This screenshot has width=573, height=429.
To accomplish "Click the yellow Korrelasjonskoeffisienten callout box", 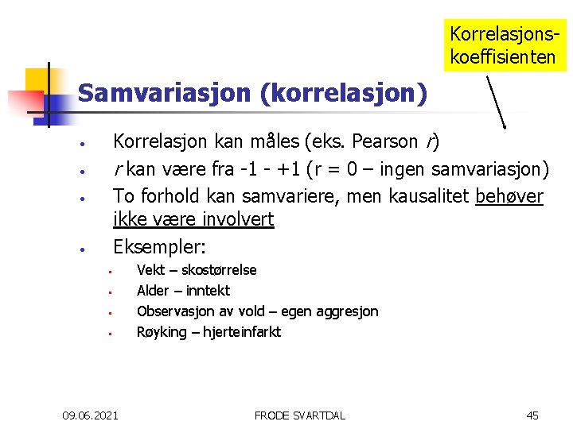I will pyautogui.click(x=504, y=45).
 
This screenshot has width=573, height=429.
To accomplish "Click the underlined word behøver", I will pyautogui.click(x=509, y=195).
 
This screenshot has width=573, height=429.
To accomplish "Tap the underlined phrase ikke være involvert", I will pyautogui.click(x=193, y=219).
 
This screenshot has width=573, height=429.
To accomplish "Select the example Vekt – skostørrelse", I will pyautogui.click(x=197, y=270).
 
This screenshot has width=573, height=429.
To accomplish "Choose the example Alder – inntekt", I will pyautogui.click(x=183, y=291).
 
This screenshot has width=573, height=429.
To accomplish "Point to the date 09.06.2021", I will pyautogui.click(x=91, y=415).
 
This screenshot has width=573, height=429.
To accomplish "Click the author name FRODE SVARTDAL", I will pyautogui.click(x=299, y=415).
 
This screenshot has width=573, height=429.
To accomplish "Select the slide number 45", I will pyautogui.click(x=532, y=415).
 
